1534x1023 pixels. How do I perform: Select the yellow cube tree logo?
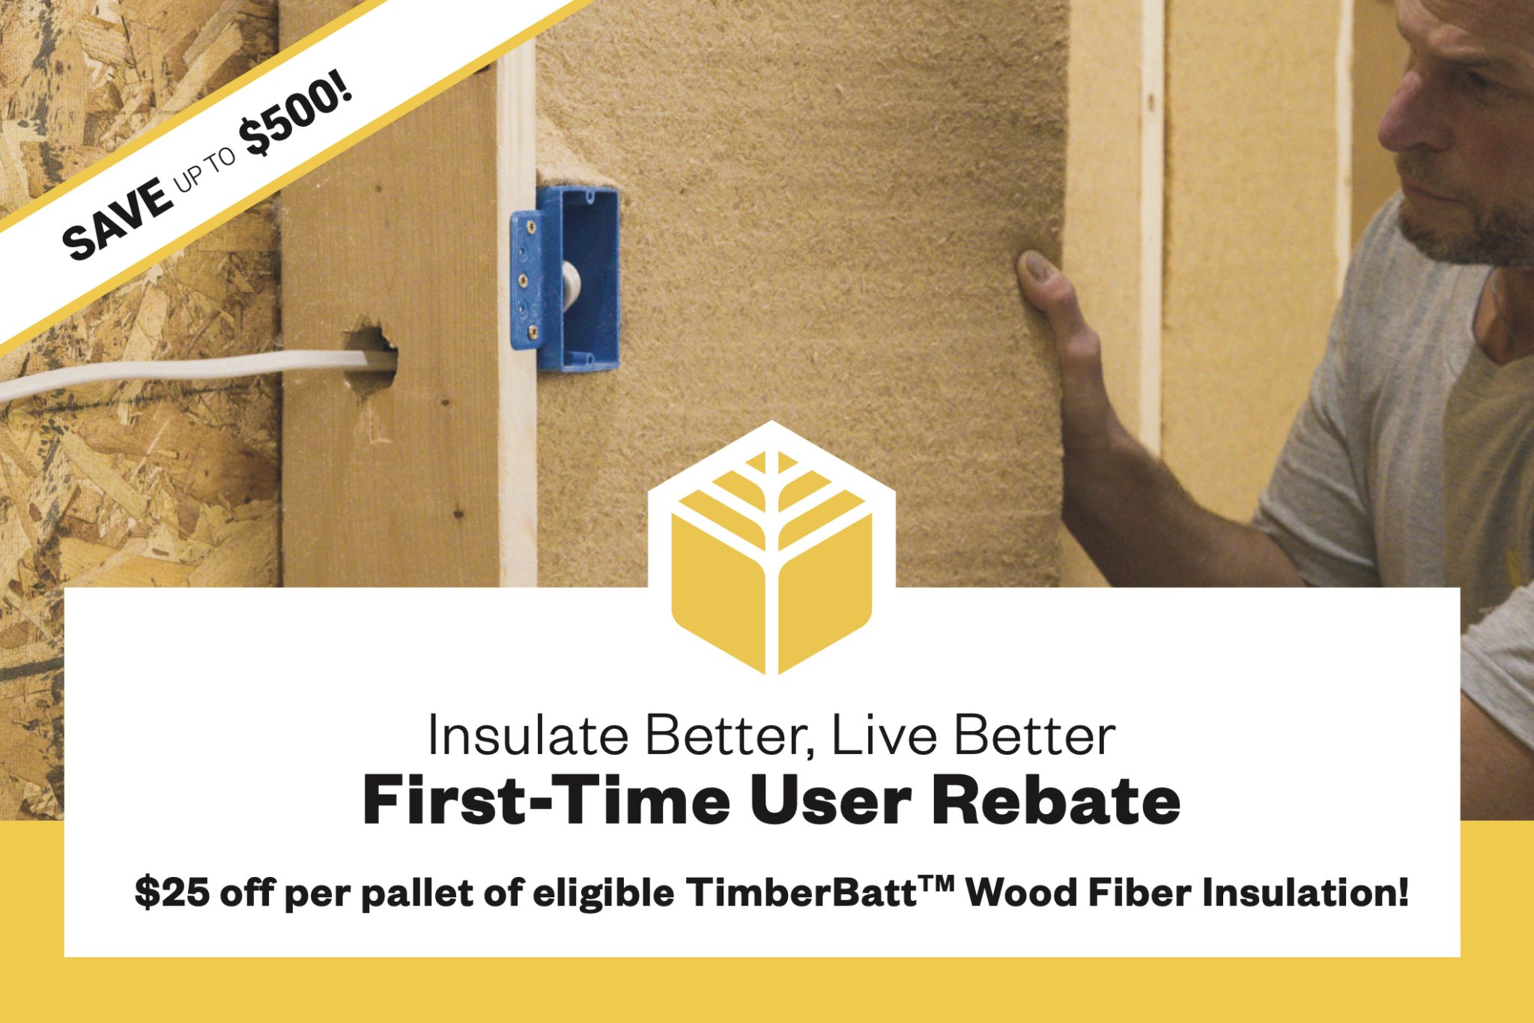point(771,554)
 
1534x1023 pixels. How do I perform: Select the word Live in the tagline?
point(884,736)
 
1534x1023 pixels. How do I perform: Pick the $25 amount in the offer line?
point(172,893)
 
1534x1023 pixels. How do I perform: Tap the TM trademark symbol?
point(937,884)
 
